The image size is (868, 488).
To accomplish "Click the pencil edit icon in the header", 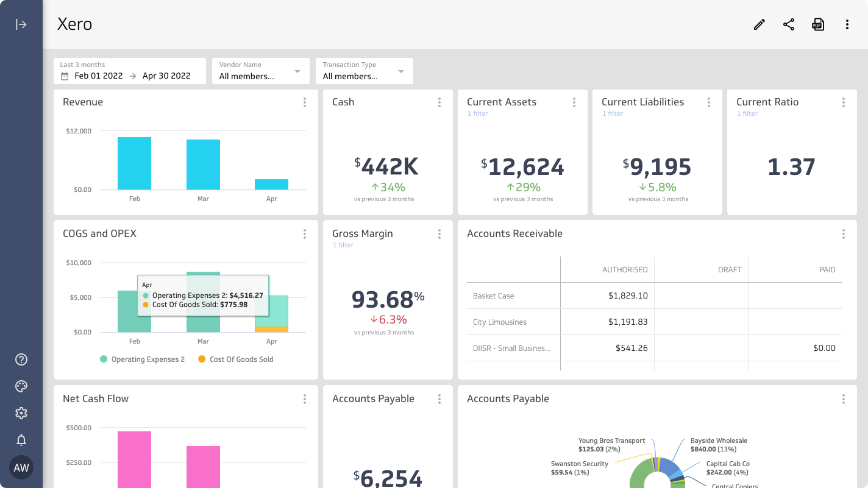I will click(759, 24).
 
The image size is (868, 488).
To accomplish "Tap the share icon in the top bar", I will click(789, 24).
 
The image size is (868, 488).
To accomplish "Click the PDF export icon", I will click(818, 24).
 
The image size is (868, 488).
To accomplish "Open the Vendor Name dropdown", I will click(260, 71).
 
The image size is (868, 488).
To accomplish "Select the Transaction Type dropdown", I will click(364, 71).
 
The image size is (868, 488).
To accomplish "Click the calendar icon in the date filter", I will click(65, 76).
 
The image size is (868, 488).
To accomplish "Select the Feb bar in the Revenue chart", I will click(134, 163).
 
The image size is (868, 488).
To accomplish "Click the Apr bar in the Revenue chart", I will click(271, 184).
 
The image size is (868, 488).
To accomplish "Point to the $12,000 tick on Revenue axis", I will click(79, 131).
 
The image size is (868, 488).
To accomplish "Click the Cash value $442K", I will click(387, 166).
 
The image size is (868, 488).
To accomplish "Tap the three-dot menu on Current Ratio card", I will click(843, 102).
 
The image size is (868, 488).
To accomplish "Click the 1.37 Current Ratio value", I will click(791, 167).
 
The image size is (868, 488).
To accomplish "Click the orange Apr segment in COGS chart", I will click(271, 329).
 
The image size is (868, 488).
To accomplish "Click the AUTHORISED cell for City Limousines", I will click(627, 322).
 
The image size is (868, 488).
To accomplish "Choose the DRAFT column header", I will click(730, 269).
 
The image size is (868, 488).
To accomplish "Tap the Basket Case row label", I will click(494, 296).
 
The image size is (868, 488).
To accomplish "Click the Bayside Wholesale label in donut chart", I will click(719, 440).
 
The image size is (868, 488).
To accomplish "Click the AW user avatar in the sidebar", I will click(21, 468).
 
